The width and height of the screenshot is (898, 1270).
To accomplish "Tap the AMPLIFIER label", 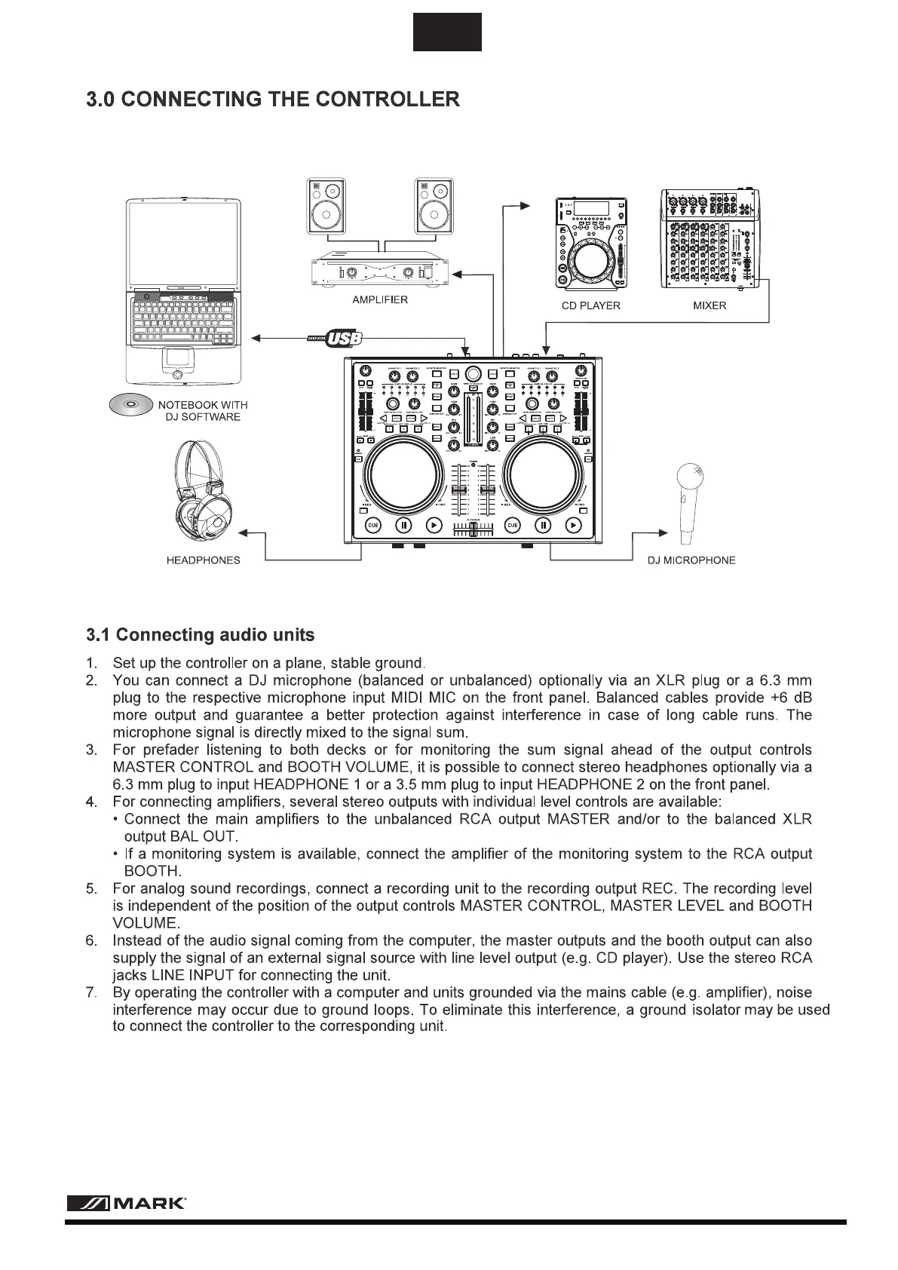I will [380, 300].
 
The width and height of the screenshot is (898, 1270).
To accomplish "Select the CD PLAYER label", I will [590, 306].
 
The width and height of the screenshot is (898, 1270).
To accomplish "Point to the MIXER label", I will [710, 306].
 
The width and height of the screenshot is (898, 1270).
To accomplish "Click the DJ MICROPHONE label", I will [691, 560].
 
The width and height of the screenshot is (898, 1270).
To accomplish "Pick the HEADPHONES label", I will [203, 560].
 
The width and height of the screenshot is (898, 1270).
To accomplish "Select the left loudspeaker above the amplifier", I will [326, 207].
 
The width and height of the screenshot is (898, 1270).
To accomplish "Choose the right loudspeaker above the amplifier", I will [435, 207].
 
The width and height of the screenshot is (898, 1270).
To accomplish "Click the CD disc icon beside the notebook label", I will [130, 406].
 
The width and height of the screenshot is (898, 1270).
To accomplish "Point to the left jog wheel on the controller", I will [403, 475].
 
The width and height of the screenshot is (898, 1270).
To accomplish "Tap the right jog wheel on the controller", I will [544, 475].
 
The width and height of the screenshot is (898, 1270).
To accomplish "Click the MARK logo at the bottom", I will [127, 1204].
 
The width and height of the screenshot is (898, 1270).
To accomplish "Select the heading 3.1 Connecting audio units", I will [200, 635].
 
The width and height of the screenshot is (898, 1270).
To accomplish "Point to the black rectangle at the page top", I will [447, 32].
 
